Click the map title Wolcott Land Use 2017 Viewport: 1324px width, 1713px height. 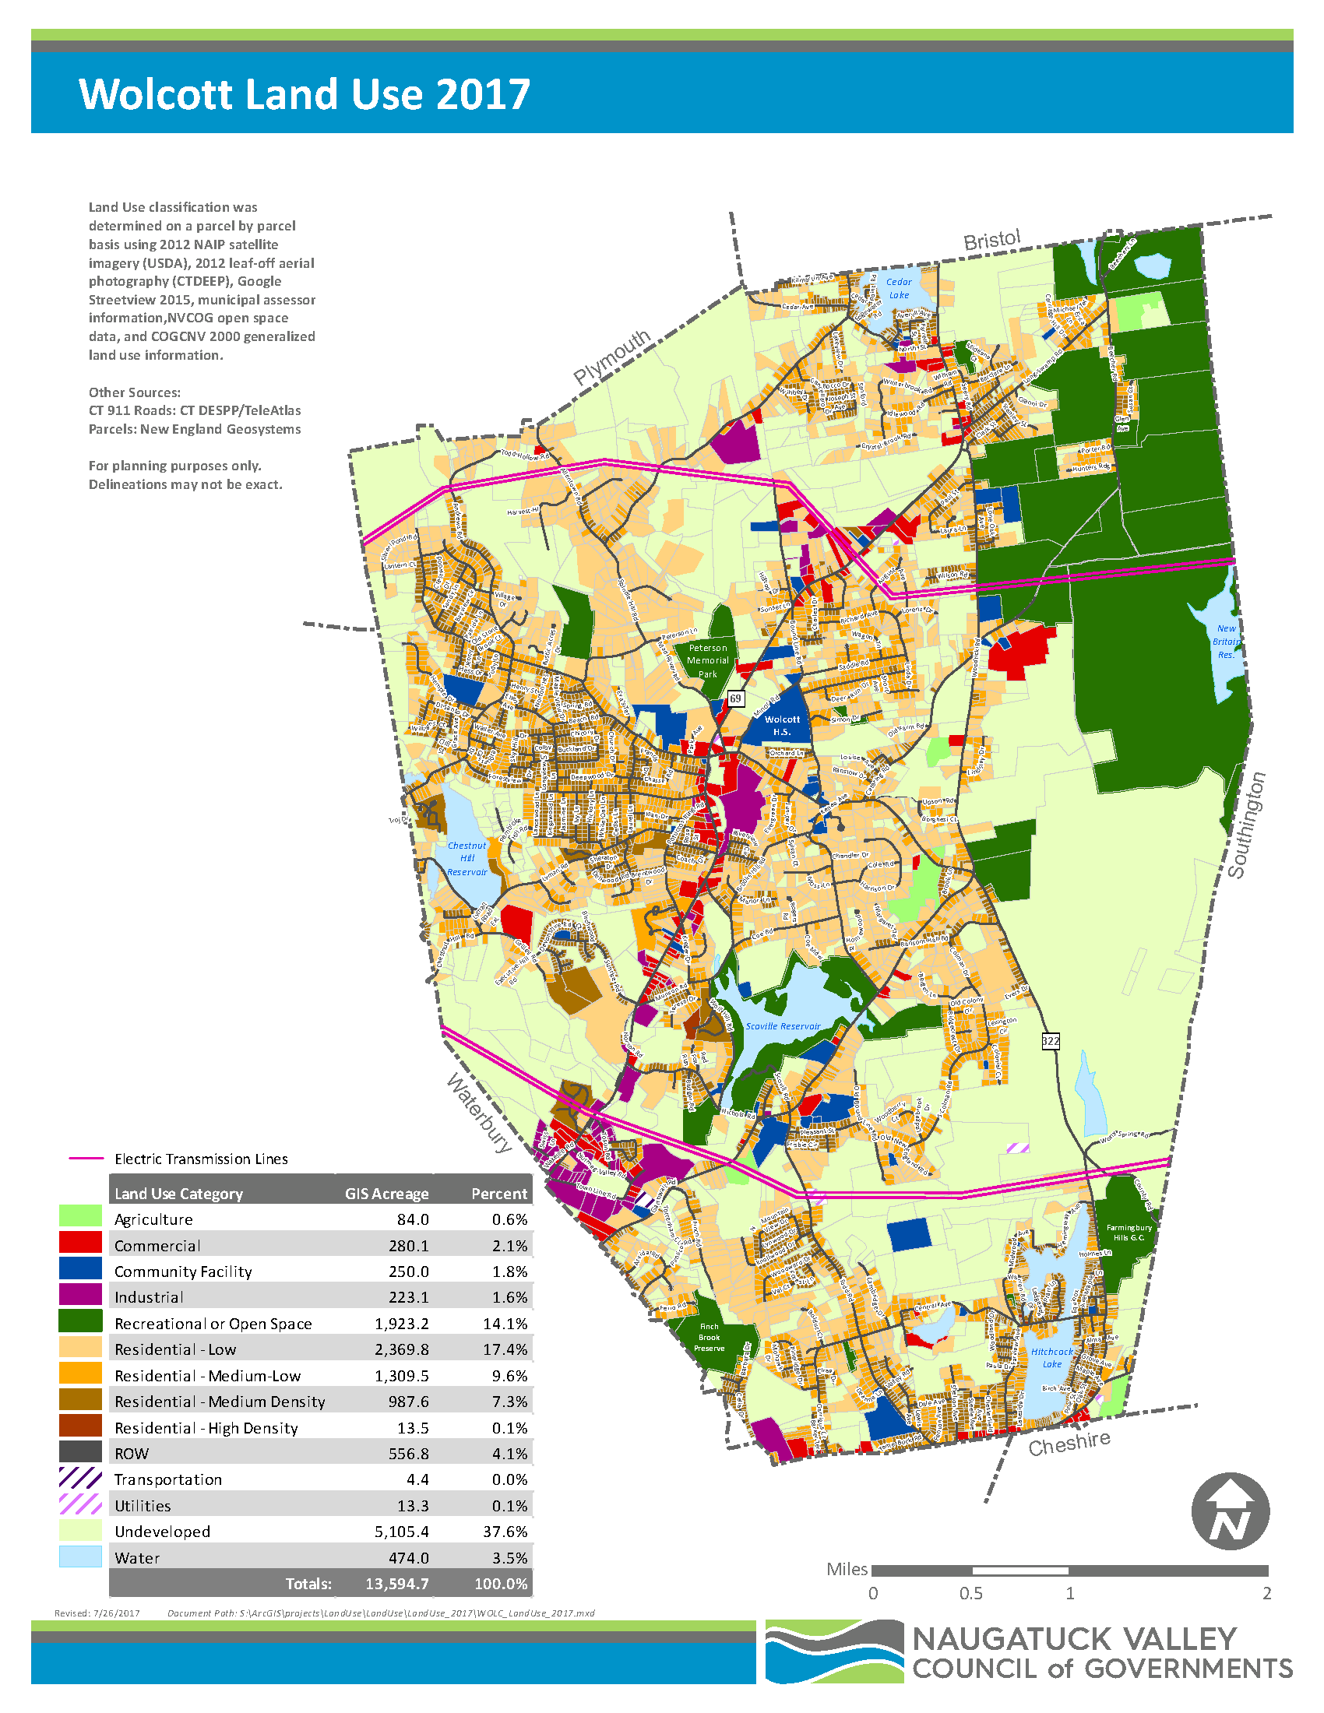[x=305, y=94]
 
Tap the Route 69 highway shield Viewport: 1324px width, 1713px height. [x=735, y=698]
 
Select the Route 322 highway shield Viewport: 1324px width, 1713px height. [x=1051, y=1041]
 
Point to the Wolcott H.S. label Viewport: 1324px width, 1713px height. [x=782, y=726]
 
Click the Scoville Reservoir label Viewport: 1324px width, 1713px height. [x=783, y=1026]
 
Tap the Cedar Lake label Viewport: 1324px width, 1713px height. [x=899, y=288]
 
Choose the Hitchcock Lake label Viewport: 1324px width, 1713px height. [x=1052, y=1358]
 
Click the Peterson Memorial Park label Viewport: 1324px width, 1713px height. [x=707, y=660]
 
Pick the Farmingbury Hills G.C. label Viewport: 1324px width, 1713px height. [x=1129, y=1233]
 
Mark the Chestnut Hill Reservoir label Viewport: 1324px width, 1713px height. [x=467, y=858]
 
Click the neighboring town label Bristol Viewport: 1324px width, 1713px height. [x=991, y=240]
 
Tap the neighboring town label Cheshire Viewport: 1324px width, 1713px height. [x=1069, y=1444]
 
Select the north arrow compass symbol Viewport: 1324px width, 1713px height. [x=1230, y=1511]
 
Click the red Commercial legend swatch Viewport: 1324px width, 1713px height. [x=81, y=1242]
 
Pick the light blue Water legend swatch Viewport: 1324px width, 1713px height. [x=81, y=1557]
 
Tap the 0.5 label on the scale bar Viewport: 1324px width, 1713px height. [x=971, y=1594]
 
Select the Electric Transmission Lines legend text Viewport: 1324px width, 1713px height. [x=201, y=1159]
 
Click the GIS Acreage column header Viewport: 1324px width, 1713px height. [x=387, y=1194]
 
